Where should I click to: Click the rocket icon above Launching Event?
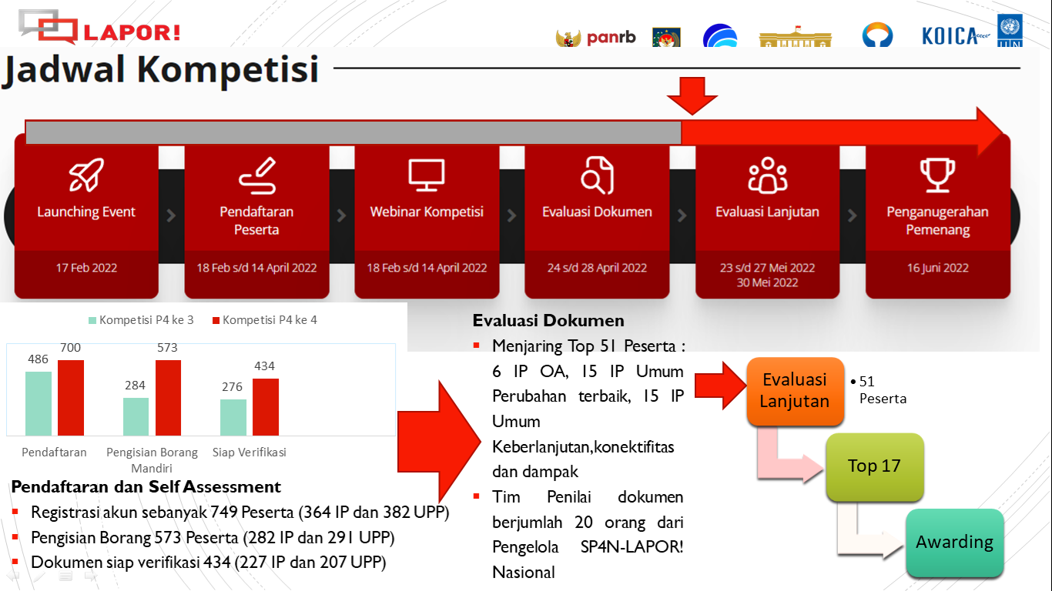coord(86,175)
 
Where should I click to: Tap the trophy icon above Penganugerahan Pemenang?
coord(937,175)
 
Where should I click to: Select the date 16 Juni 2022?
coord(937,268)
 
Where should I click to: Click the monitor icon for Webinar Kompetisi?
coord(427,175)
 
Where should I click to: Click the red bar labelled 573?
coord(168,397)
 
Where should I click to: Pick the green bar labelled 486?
coord(39,403)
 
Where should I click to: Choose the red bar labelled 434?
coord(265,406)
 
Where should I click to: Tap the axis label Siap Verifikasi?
coord(249,452)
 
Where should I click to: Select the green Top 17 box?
coord(874,466)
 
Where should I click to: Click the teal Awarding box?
coord(954,543)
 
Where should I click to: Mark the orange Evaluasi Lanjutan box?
coord(795,390)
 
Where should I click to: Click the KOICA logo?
coord(949,35)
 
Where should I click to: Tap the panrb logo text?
coord(611,37)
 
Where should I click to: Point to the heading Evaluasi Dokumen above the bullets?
coord(548,321)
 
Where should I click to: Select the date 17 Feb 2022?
coord(86,268)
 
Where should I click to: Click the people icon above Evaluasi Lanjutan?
coord(767,175)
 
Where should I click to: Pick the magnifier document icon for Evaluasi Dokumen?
coord(597,175)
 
